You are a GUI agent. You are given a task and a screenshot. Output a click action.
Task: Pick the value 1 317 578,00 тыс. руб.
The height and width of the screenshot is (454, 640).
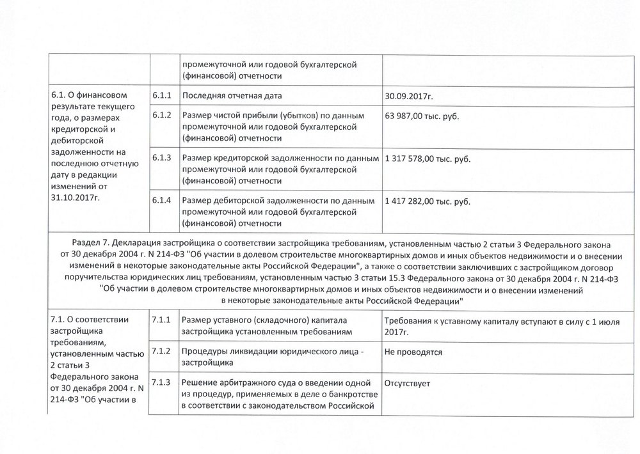[x=427, y=158]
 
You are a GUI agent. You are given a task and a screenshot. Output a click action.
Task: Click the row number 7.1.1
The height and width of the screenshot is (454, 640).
[x=161, y=320]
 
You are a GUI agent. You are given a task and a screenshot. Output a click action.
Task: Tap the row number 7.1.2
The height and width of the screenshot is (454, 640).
[x=161, y=351]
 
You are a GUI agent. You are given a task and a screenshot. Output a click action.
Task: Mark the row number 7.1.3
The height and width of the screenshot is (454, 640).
[x=161, y=382]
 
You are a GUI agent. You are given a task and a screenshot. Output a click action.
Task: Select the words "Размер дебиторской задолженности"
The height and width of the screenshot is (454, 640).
[x=255, y=201]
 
